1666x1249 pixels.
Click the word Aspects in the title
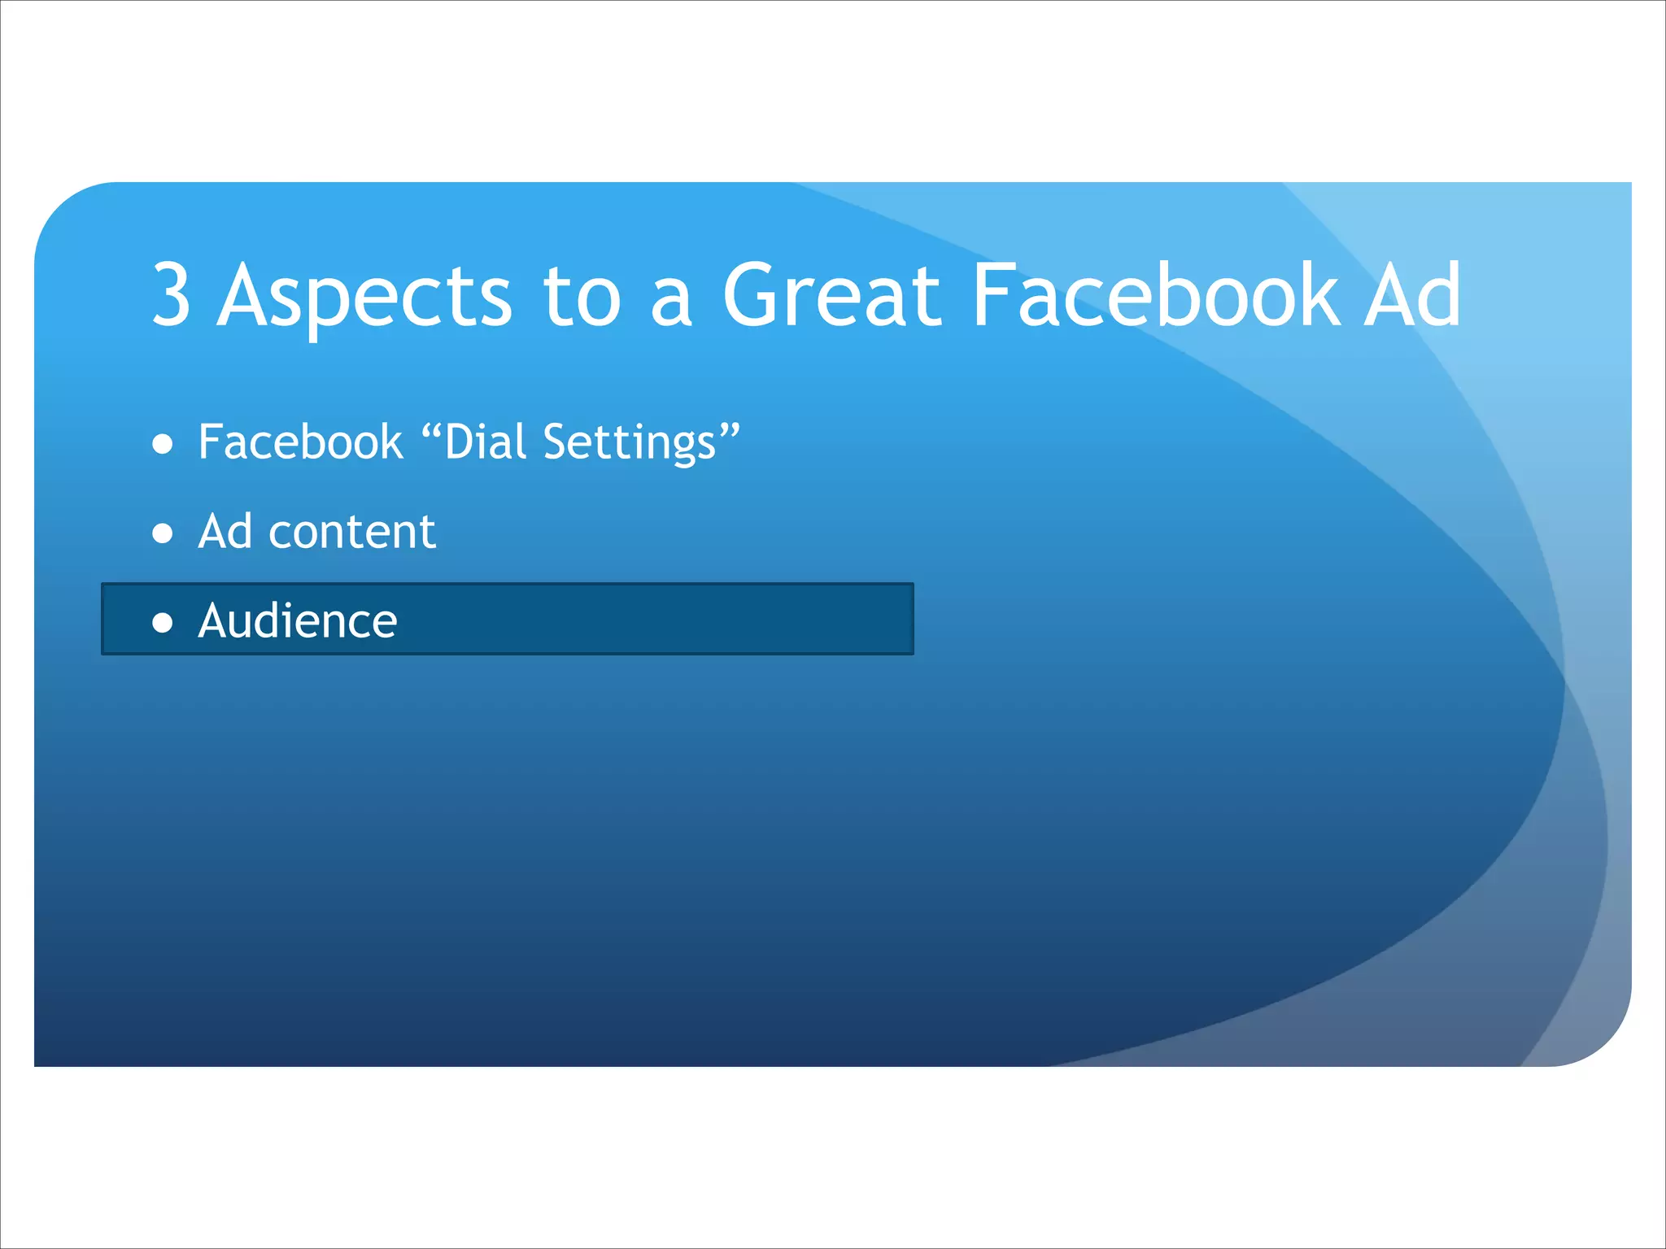click(364, 297)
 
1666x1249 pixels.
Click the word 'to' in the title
click(582, 297)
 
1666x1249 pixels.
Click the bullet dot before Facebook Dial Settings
click(163, 444)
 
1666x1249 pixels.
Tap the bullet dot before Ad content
click(163, 533)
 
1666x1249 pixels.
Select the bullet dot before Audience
click(163, 623)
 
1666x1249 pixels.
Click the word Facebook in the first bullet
click(300, 442)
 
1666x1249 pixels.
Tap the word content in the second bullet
click(351, 533)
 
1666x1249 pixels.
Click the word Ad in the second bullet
click(225, 532)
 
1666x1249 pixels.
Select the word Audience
click(298, 621)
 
